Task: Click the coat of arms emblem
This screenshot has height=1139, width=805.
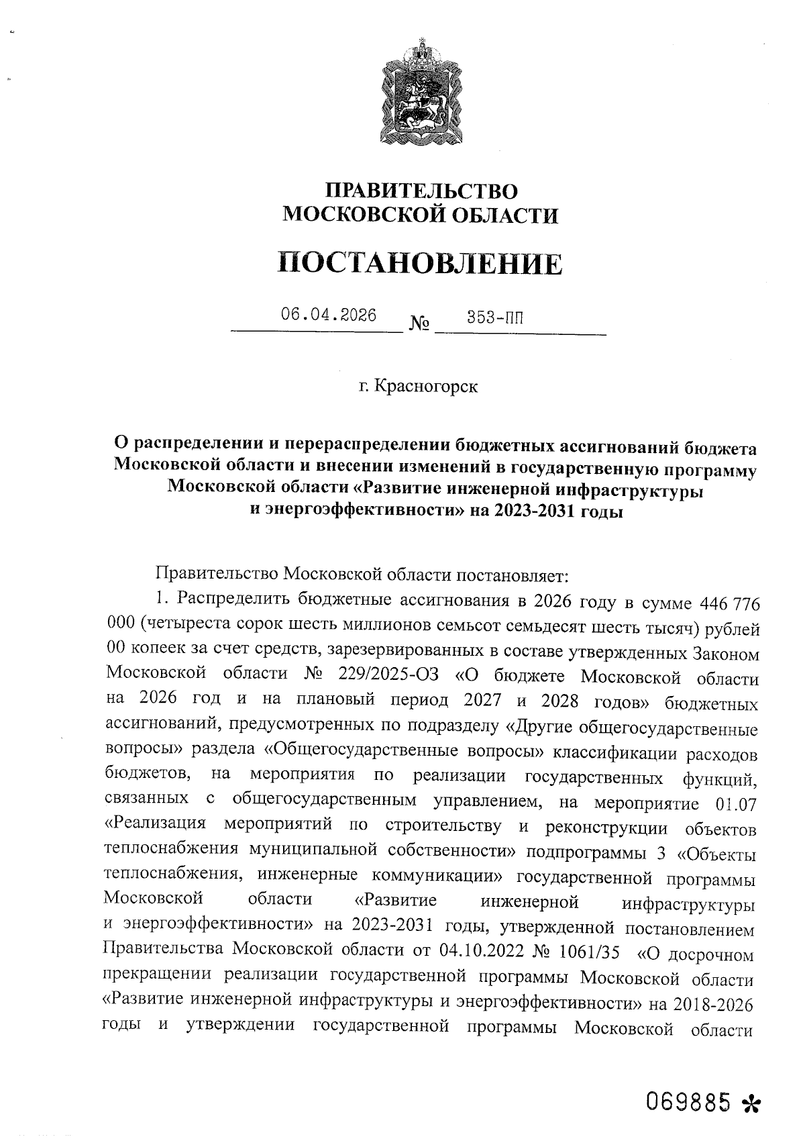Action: pyautogui.click(x=421, y=94)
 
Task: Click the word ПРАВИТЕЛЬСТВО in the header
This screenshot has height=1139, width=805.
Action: pyautogui.click(x=421, y=191)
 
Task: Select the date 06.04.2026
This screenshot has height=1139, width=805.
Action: pyautogui.click(x=329, y=315)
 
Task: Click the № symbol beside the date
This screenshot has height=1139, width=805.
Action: pyautogui.click(x=420, y=325)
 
